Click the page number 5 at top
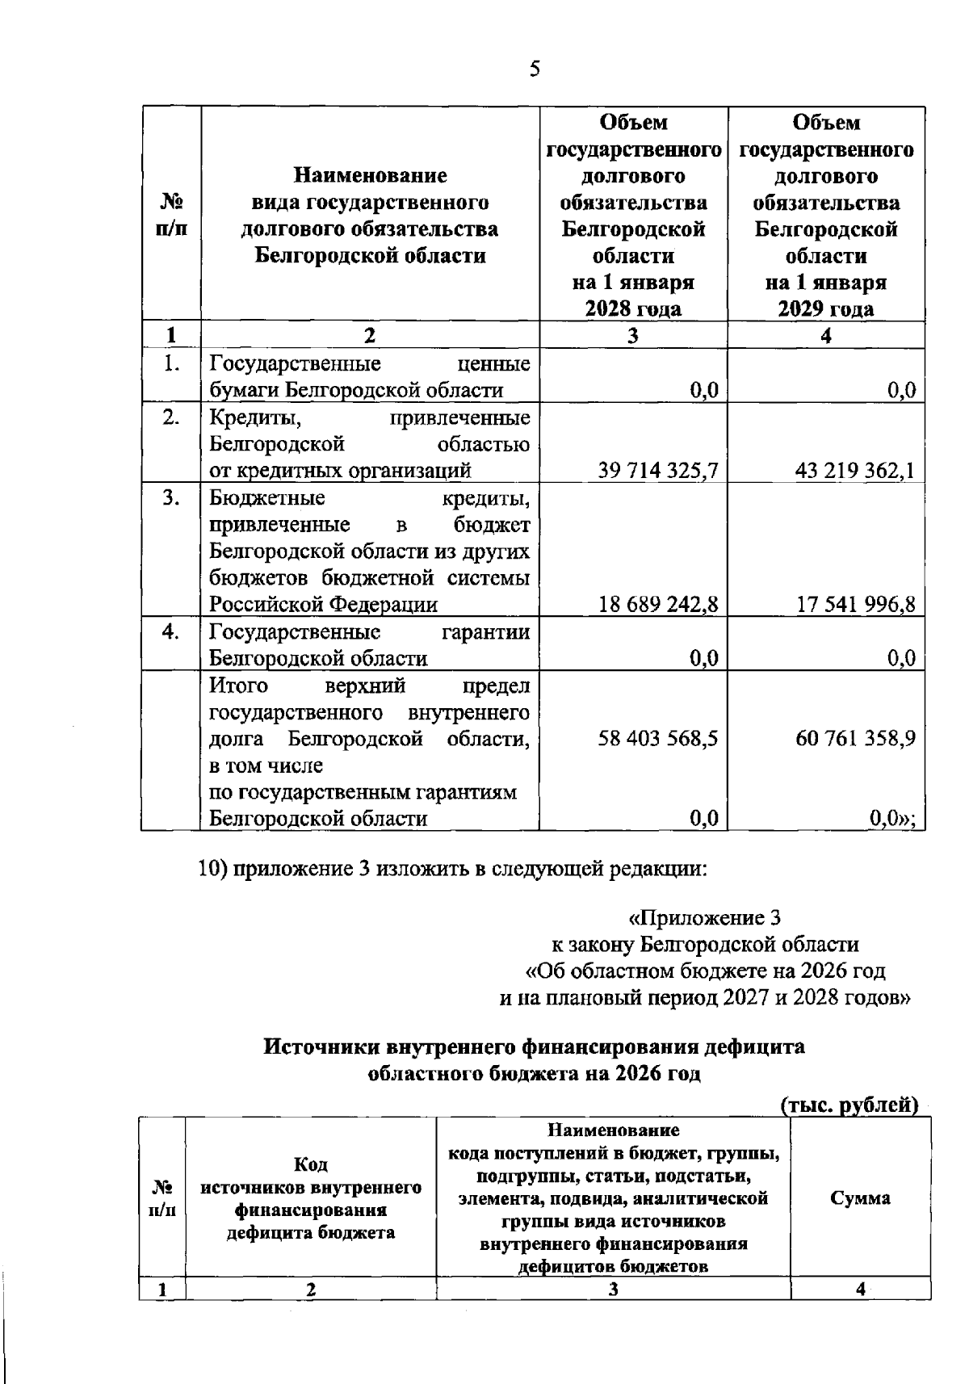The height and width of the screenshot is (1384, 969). coord(535,69)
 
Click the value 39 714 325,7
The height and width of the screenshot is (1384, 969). coord(657,471)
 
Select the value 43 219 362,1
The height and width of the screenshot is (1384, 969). coord(854,471)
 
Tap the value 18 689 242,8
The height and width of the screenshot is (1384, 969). coord(657,605)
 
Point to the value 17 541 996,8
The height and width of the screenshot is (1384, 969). coord(855,605)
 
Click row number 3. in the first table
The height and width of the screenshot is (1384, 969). coord(170,498)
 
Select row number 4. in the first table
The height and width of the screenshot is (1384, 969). coord(170,632)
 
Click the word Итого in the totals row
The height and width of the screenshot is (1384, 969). coord(238,686)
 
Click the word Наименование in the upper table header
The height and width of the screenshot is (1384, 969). coord(370,175)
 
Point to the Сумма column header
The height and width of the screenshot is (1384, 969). coord(860,1198)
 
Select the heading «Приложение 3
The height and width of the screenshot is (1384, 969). coord(704,918)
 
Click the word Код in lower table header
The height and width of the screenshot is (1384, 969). coord(311,1164)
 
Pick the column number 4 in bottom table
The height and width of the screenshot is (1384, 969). coord(861,1290)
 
